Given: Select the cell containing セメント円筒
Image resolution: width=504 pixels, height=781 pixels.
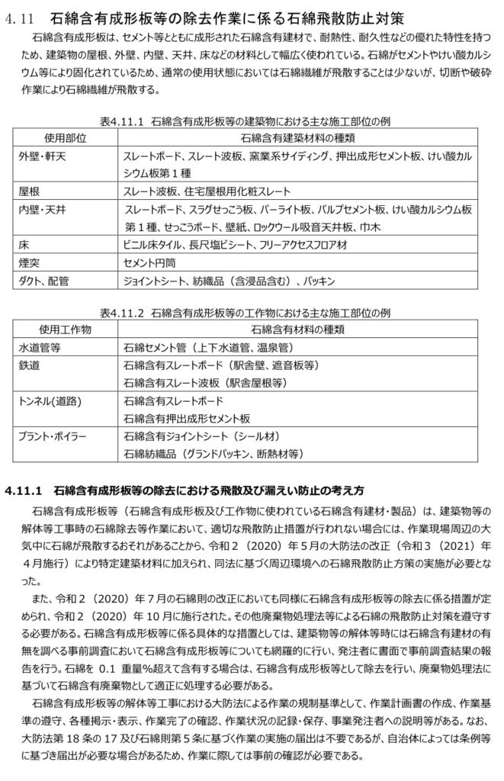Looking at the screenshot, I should (151, 263).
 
